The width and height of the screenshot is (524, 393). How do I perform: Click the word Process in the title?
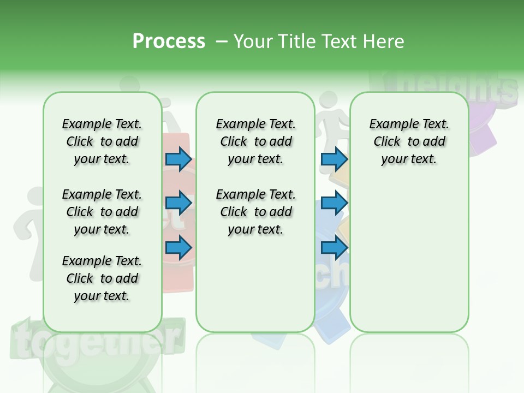tap(169, 41)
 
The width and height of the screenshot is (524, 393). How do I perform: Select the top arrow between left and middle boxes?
tap(178, 159)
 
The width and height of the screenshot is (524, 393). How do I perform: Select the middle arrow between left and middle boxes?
tap(178, 204)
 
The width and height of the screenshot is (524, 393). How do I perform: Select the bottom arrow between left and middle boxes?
tap(178, 248)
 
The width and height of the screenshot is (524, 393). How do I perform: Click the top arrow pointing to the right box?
tap(334, 159)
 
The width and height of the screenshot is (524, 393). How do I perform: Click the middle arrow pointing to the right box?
tap(334, 204)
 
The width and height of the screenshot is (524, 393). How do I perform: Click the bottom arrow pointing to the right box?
tap(334, 248)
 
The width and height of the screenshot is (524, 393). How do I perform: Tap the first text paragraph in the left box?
tap(102, 141)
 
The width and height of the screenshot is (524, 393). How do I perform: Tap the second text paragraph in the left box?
tap(102, 212)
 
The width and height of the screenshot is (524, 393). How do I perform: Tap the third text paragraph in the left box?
tap(102, 278)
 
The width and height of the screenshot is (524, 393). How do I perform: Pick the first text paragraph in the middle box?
tap(255, 141)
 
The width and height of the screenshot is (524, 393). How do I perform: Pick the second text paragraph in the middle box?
tap(255, 212)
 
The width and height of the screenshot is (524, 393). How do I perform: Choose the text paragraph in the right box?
tap(409, 141)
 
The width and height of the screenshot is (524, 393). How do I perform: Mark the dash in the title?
tap(221, 42)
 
